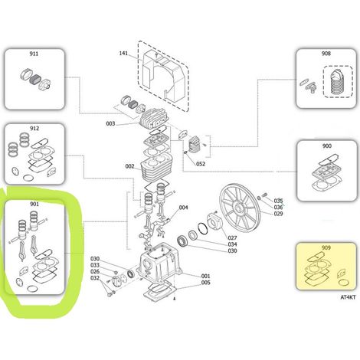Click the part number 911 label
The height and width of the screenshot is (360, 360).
pyautogui.click(x=34, y=54)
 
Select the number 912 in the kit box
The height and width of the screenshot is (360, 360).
pyautogui.click(x=34, y=128)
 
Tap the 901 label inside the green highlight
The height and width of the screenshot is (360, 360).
pyautogui.click(x=34, y=204)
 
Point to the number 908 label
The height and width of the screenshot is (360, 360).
pyautogui.click(x=326, y=54)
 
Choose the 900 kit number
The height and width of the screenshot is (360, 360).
pyautogui.click(x=327, y=146)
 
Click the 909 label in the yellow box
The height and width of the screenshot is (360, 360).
pyautogui.click(x=326, y=247)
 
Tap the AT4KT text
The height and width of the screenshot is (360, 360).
pyautogui.click(x=348, y=297)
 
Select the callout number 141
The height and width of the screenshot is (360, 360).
pyautogui.click(x=123, y=53)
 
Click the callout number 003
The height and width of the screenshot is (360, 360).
pyautogui.click(x=110, y=123)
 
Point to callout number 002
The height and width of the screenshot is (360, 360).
pyautogui.click(x=129, y=166)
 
